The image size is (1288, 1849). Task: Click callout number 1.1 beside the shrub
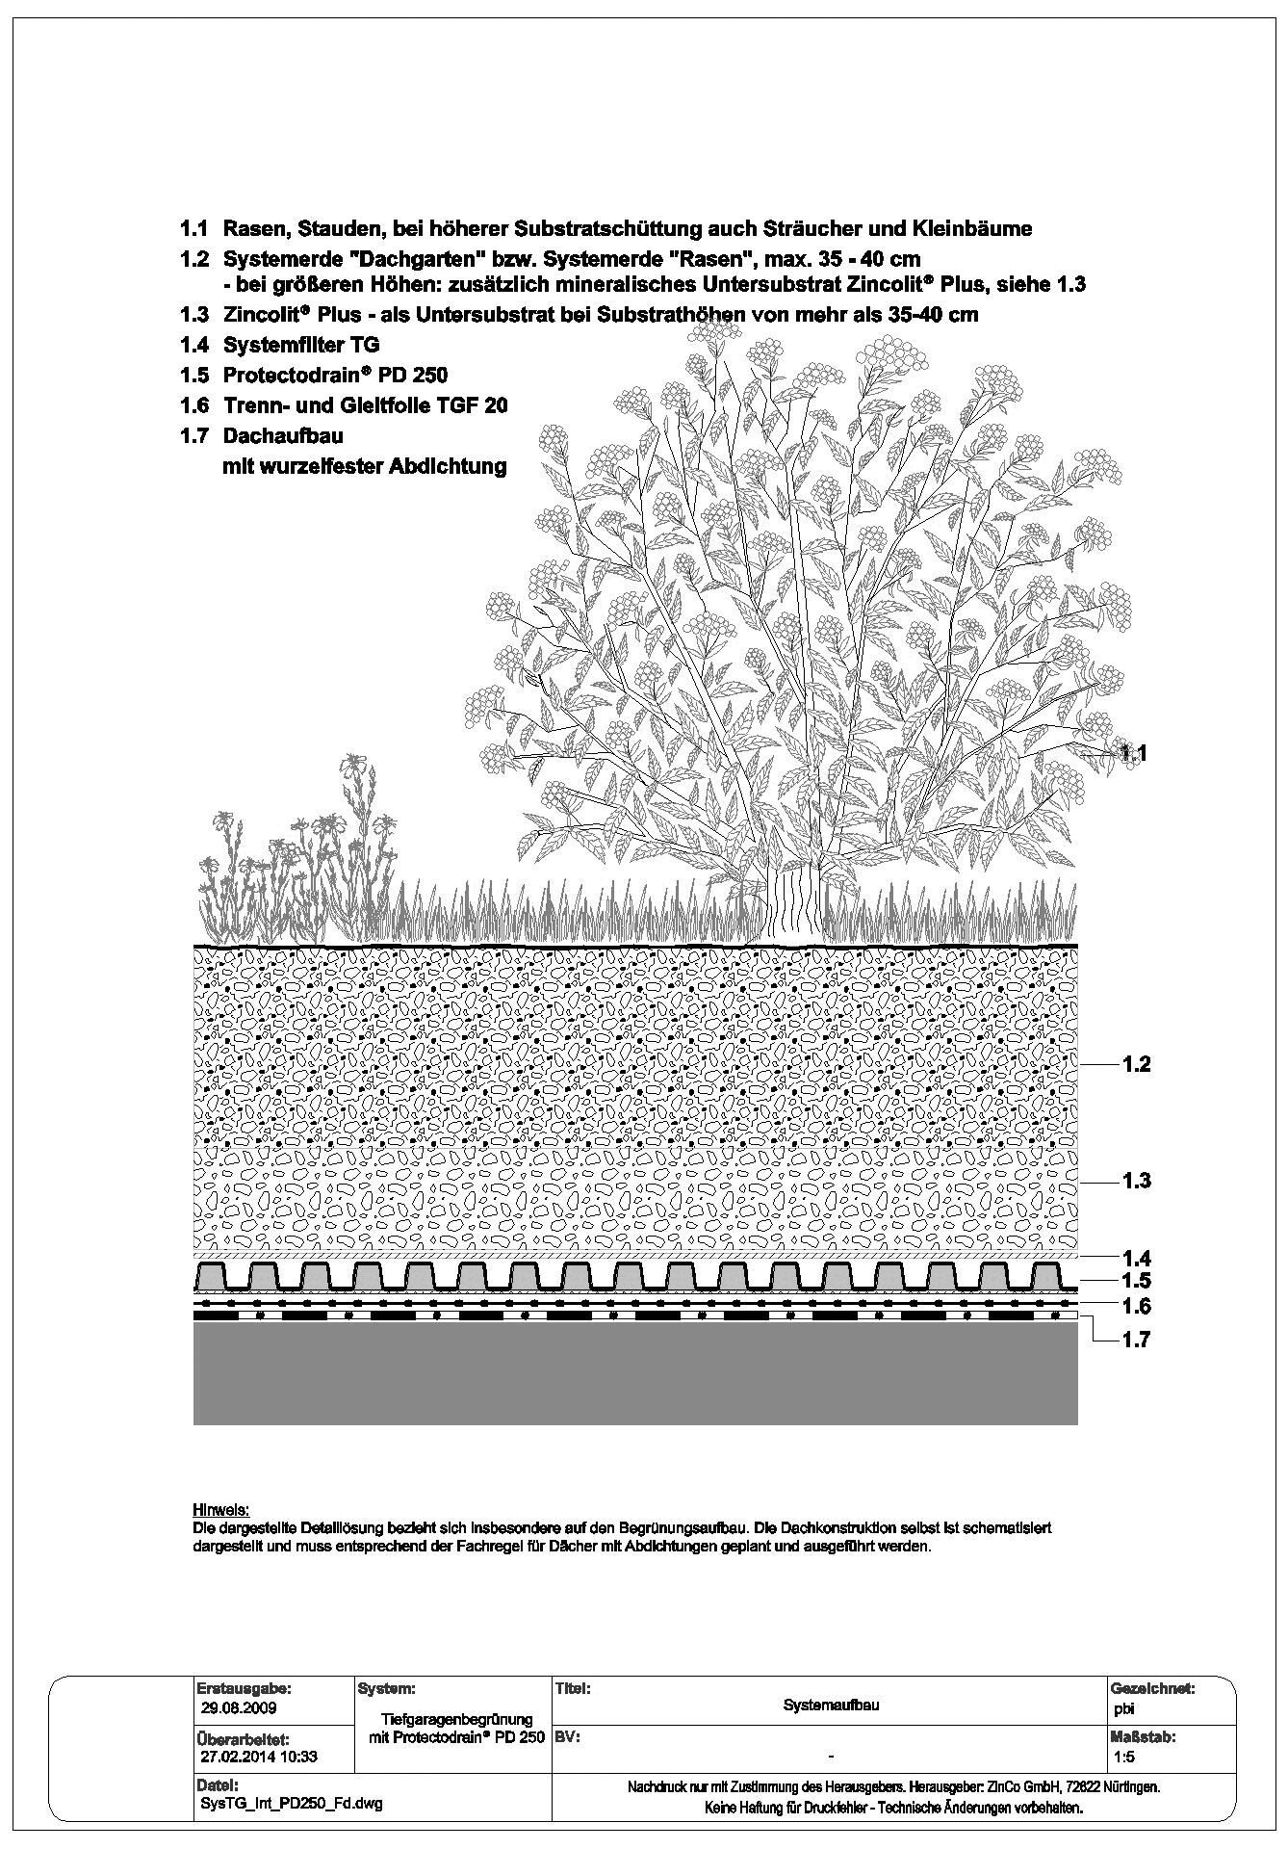click(x=1134, y=753)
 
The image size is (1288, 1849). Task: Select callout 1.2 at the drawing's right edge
click(x=1136, y=1064)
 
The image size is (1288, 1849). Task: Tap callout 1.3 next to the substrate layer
click(x=1136, y=1181)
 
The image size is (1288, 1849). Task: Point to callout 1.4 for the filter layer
click(x=1136, y=1258)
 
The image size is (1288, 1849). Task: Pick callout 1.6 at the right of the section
click(x=1136, y=1307)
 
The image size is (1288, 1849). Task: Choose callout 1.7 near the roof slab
click(x=1136, y=1340)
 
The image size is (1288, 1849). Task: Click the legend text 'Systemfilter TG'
click(x=301, y=345)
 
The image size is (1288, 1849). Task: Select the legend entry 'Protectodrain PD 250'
click(x=335, y=376)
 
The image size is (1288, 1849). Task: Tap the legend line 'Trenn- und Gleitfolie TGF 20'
click(x=365, y=406)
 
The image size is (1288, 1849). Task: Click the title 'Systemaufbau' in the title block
click(x=832, y=1706)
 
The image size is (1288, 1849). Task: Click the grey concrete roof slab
click(x=635, y=1372)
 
